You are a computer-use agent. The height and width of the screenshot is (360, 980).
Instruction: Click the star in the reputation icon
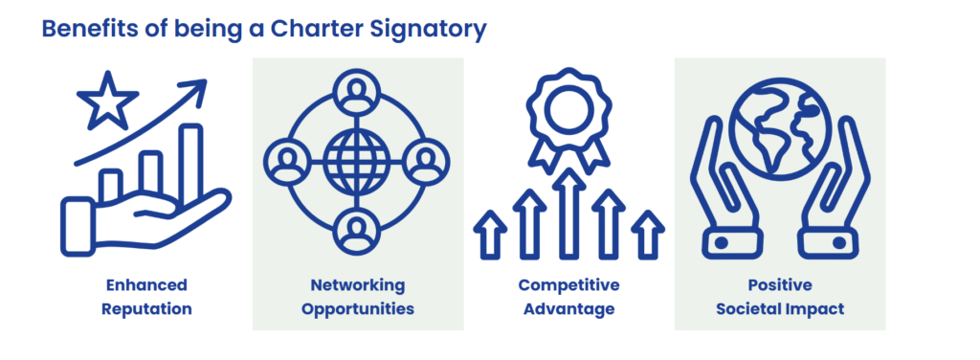tap(107, 101)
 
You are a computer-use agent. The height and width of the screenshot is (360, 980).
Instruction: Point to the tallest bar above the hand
tap(190, 166)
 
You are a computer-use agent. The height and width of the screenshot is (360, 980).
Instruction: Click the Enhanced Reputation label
tap(146, 297)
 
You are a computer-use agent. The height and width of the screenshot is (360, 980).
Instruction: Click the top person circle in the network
tap(357, 92)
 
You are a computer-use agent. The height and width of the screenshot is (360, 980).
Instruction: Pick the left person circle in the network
tap(287, 161)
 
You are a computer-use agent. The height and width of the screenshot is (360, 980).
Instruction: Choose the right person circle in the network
tap(426, 161)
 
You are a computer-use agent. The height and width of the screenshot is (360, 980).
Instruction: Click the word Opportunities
tap(358, 309)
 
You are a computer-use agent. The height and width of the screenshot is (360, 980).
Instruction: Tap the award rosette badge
tap(568, 119)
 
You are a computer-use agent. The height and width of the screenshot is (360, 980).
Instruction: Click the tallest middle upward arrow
tap(568, 213)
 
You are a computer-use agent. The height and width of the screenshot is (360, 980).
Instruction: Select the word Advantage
tap(568, 309)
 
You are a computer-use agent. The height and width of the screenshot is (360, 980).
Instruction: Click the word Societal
tap(760, 308)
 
